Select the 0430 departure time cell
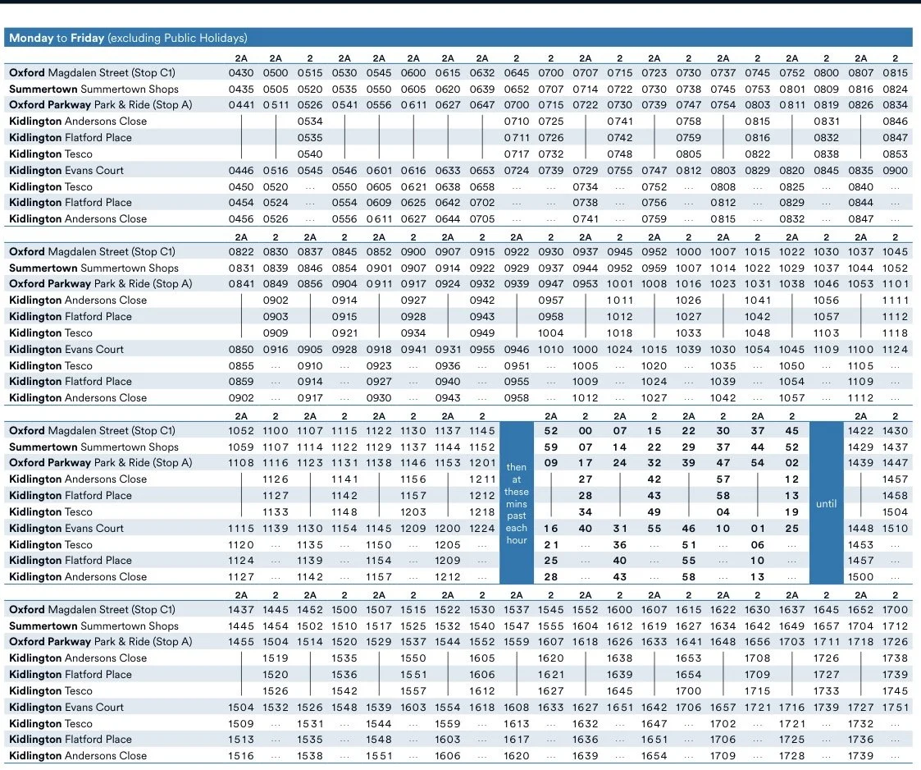pyautogui.click(x=241, y=73)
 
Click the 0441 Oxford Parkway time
pyautogui.click(x=241, y=105)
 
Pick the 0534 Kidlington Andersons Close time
pyautogui.click(x=310, y=121)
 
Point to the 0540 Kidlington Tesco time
pyautogui.click(x=310, y=154)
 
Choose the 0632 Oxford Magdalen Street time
pyautogui.click(x=482, y=73)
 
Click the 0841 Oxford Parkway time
pyautogui.click(x=241, y=284)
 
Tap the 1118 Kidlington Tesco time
pyautogui.click(x=896, y=333)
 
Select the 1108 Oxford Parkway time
pyautogui.click(x=241, y=463)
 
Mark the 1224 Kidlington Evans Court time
pyautogui.click(x=482, y=528)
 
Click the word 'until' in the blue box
pyautogui.click(x=827, y=504)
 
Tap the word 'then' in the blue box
pyautogui.click(x=517, y=468)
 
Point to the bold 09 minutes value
pyautogui.click(x=551, y=463)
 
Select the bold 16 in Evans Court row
pyautogui.click(x=551, y=528)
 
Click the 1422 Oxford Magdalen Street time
pyautogui.click(x=861, y=431)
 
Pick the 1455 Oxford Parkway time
pyautogui.click(x=241, y=642)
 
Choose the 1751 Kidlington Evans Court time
pyautogui.click(x=896, y=707)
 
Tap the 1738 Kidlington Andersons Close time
pyautogui.click(x=896, y=658)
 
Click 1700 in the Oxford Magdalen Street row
pyautogui.click(x=896, y=610)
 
